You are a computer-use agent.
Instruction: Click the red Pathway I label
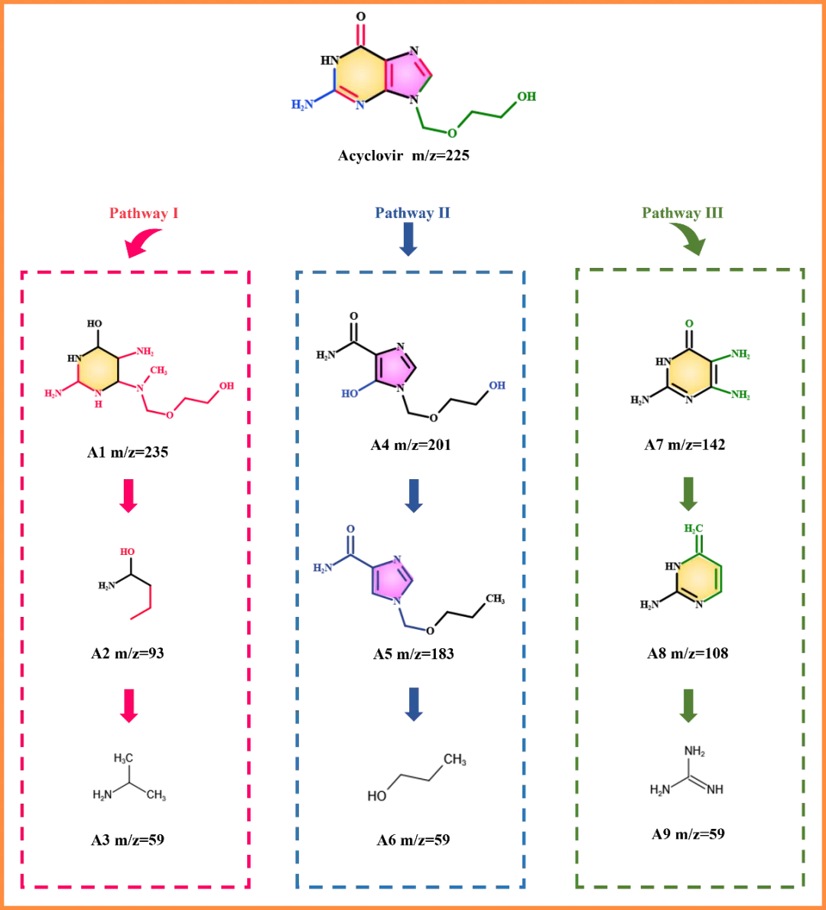point(145,213)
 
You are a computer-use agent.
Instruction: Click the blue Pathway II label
point(413,212)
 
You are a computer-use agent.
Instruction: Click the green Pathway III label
point(683,212)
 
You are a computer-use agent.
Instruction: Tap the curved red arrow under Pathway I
point(142,244)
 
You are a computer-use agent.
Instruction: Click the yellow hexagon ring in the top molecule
point(359,74)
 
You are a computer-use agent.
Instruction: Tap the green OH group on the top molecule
point(527,96)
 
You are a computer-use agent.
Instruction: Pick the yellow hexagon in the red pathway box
point(99,368)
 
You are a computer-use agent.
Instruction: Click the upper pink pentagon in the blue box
point(394,367)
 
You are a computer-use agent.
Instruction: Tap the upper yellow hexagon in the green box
point(689,373)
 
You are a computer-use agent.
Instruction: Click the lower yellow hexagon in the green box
point(698,578)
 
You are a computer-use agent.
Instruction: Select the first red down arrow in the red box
point(128,497)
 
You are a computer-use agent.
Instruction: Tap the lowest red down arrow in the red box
point(128,706)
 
